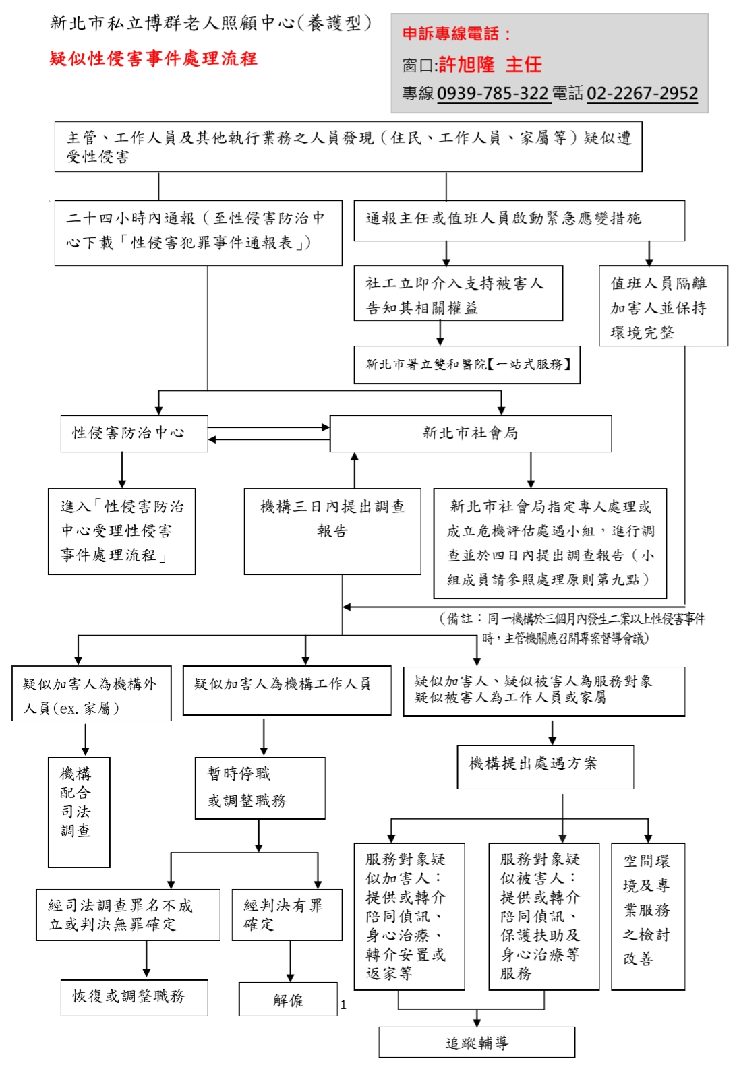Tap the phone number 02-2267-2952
tap(642, 93)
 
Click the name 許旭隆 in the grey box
tap(467, 65)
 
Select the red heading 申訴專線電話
tap(456, 34)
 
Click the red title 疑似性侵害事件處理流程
tap(153, 59)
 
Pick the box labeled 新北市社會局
tap(470, 433)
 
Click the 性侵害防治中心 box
tap(134, 433)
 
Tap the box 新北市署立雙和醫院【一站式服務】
tap(467, 365)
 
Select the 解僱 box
tap(288, 1000)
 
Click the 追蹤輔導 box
tap(476, 1043)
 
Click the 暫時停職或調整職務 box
tap(260, 788)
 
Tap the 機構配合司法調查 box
tap(79, 812)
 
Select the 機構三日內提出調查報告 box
tap(332, 531)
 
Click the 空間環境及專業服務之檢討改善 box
tap(647, 916)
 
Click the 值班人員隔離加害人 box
tap(663, 306)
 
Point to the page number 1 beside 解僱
tap(343, 1005)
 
